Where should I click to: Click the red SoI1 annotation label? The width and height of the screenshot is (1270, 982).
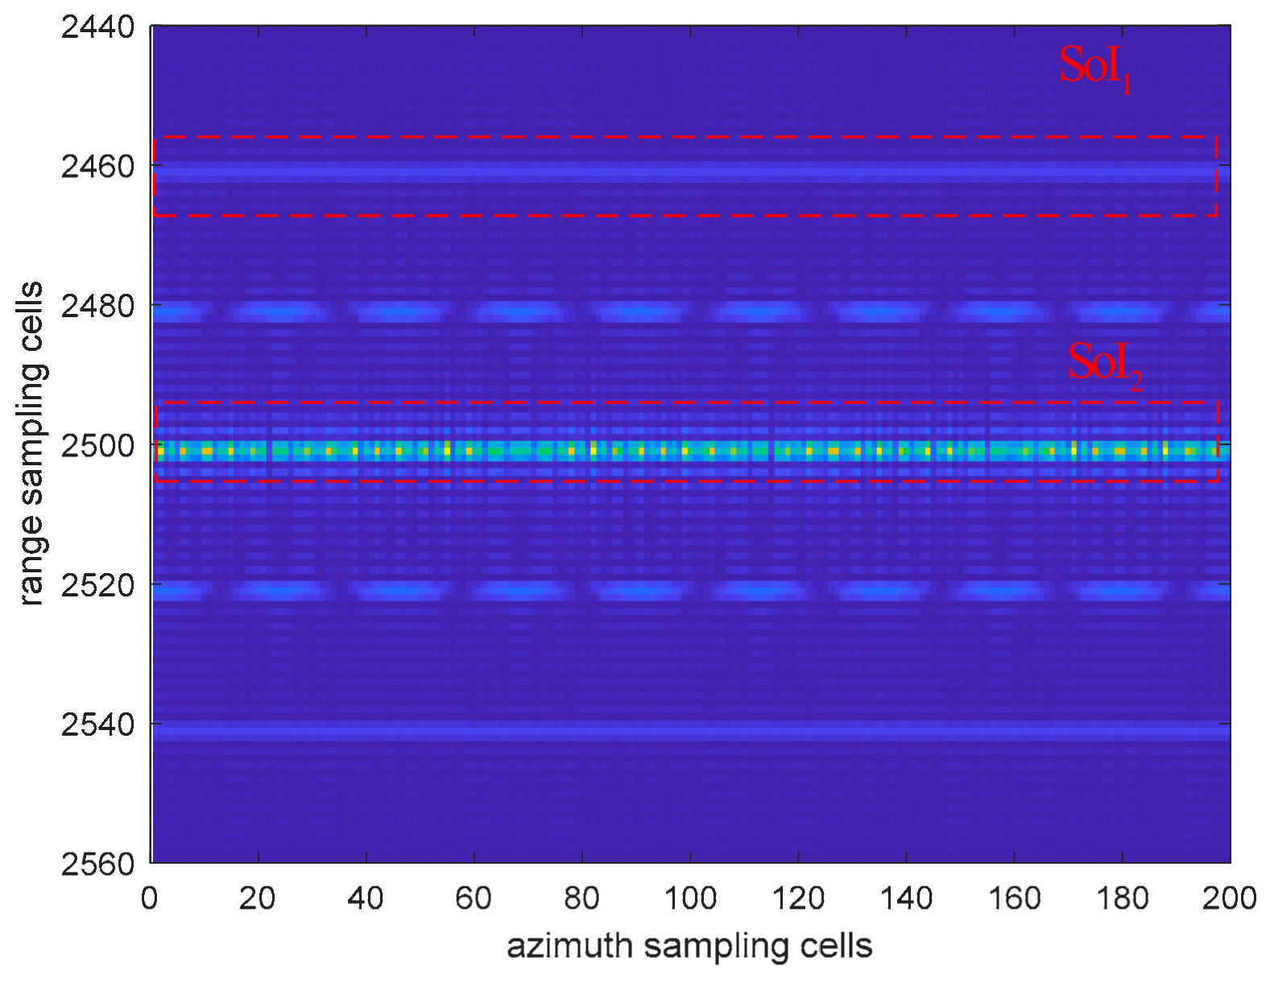click(x=1095, y=68)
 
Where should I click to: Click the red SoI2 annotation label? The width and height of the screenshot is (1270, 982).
click(x=1105, y=365)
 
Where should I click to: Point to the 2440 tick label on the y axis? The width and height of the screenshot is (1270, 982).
click(x=97, y=27)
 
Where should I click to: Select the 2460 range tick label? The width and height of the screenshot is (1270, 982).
click(x=97, y=167)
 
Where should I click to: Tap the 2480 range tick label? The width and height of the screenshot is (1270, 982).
click(x=97, y=307)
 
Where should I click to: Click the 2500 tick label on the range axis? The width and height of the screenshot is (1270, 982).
click(x=97, y=446)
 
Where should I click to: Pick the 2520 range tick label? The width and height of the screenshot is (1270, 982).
click(x=97, y=585)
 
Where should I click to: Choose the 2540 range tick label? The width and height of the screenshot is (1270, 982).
click(x=97, y=725)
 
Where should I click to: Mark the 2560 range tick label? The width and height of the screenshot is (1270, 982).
click(x=97, y=864)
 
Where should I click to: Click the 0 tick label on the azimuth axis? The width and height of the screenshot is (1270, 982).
click(x=150, y=897)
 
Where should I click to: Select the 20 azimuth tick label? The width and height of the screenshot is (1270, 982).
click(x=257, y=897)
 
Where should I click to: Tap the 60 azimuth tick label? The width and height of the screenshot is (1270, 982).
click(x=473, y=897)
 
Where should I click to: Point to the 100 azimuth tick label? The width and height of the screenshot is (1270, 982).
click(x=690, y=897)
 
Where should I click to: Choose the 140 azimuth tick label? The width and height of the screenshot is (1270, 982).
click(x=906, y=897)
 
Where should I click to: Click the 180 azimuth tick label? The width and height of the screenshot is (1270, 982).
click(x=1123, y=897)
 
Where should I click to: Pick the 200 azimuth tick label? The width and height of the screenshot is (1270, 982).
click(x=1230, y=897)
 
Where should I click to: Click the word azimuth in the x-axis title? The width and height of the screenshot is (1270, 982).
click(x=569, y=946)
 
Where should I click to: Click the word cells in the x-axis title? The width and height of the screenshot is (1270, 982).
click(x=837, y=946)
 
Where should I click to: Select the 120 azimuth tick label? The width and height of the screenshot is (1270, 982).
click(x=798, y=897)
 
